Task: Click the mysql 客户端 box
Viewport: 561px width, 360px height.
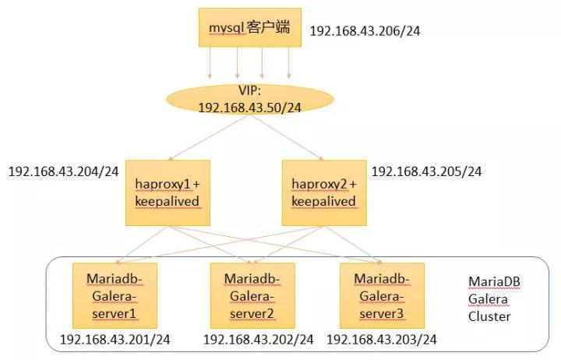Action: click(x=250, y=27)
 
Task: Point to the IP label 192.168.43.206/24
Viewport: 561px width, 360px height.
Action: click(x=365, y=31)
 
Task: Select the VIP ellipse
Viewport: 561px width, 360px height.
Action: click(x=250, y=99)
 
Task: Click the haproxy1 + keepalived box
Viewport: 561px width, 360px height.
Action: click(x=168, y=193)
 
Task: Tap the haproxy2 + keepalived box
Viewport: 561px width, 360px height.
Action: click(x=324, y=193)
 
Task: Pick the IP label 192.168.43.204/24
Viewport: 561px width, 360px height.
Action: click(x=63, y=171)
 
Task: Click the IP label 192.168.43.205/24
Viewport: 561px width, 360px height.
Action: click(x=426, y=171)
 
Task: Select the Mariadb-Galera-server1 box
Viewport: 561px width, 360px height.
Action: click(x=115, y=295)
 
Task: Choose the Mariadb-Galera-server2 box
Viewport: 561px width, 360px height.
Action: click(x=252, y=295)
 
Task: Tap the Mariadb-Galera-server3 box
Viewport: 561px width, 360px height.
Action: click(x=382, y=295)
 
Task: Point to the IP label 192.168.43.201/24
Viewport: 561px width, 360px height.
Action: click(x=115, y=340)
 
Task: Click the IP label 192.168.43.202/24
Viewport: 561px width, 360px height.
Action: click(x=259, y=340)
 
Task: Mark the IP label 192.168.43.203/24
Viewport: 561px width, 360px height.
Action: click(x=382, y=340)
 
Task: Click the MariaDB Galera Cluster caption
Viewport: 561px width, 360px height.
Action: click(x=494, y=299)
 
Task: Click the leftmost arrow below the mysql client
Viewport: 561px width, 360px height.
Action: click(x=210, y=62)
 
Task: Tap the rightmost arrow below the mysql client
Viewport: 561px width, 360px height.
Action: click(x=289, y=62)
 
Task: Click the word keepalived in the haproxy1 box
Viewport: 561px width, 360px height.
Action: click(x=167, y=202)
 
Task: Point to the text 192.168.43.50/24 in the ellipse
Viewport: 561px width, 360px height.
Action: click(x=250, y=108)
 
